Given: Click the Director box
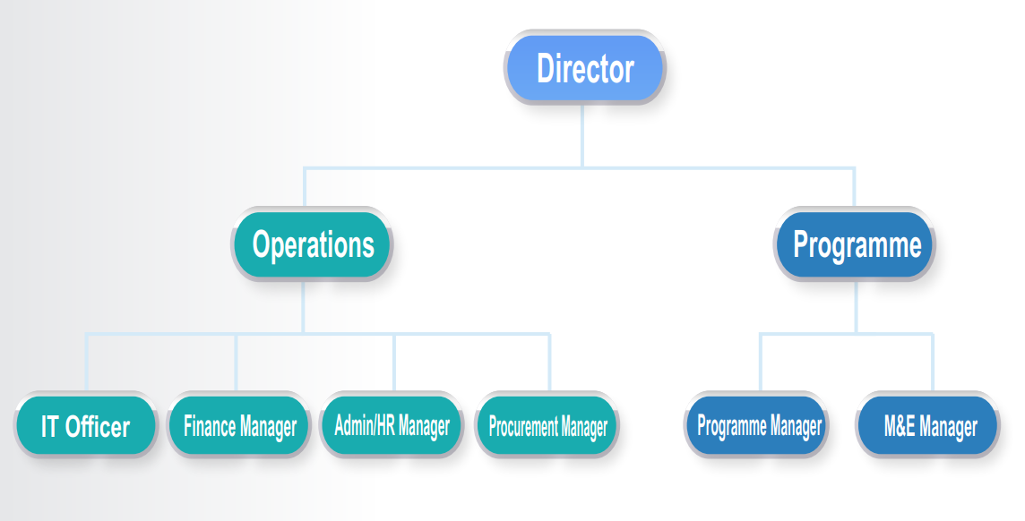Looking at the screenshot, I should (x=585, y=68).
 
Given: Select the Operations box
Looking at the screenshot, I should (x=313, y=243).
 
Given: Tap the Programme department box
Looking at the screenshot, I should (x=857, y=243).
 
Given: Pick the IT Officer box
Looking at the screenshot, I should (x=85, y=427).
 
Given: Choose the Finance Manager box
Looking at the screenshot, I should (x=239, y=427).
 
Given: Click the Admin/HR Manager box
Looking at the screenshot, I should (x=392, y=426).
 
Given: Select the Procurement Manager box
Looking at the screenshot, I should (x=547, y=427).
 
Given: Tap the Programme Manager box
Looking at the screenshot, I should (x=759, y=426).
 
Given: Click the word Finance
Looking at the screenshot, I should (x=211, y=427).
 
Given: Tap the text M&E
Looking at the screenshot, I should (x=899, y=427).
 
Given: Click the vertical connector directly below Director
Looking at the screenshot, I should (x=582, y=134).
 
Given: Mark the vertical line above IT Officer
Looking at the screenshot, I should (x=87, y=363).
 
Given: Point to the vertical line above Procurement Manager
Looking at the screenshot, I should (x=549, y=363).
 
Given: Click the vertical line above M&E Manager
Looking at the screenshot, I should (x=932, y=363).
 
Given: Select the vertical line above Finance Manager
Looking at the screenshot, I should (x=237, y=363).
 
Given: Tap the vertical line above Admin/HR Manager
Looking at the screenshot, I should (x=394, y=363).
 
